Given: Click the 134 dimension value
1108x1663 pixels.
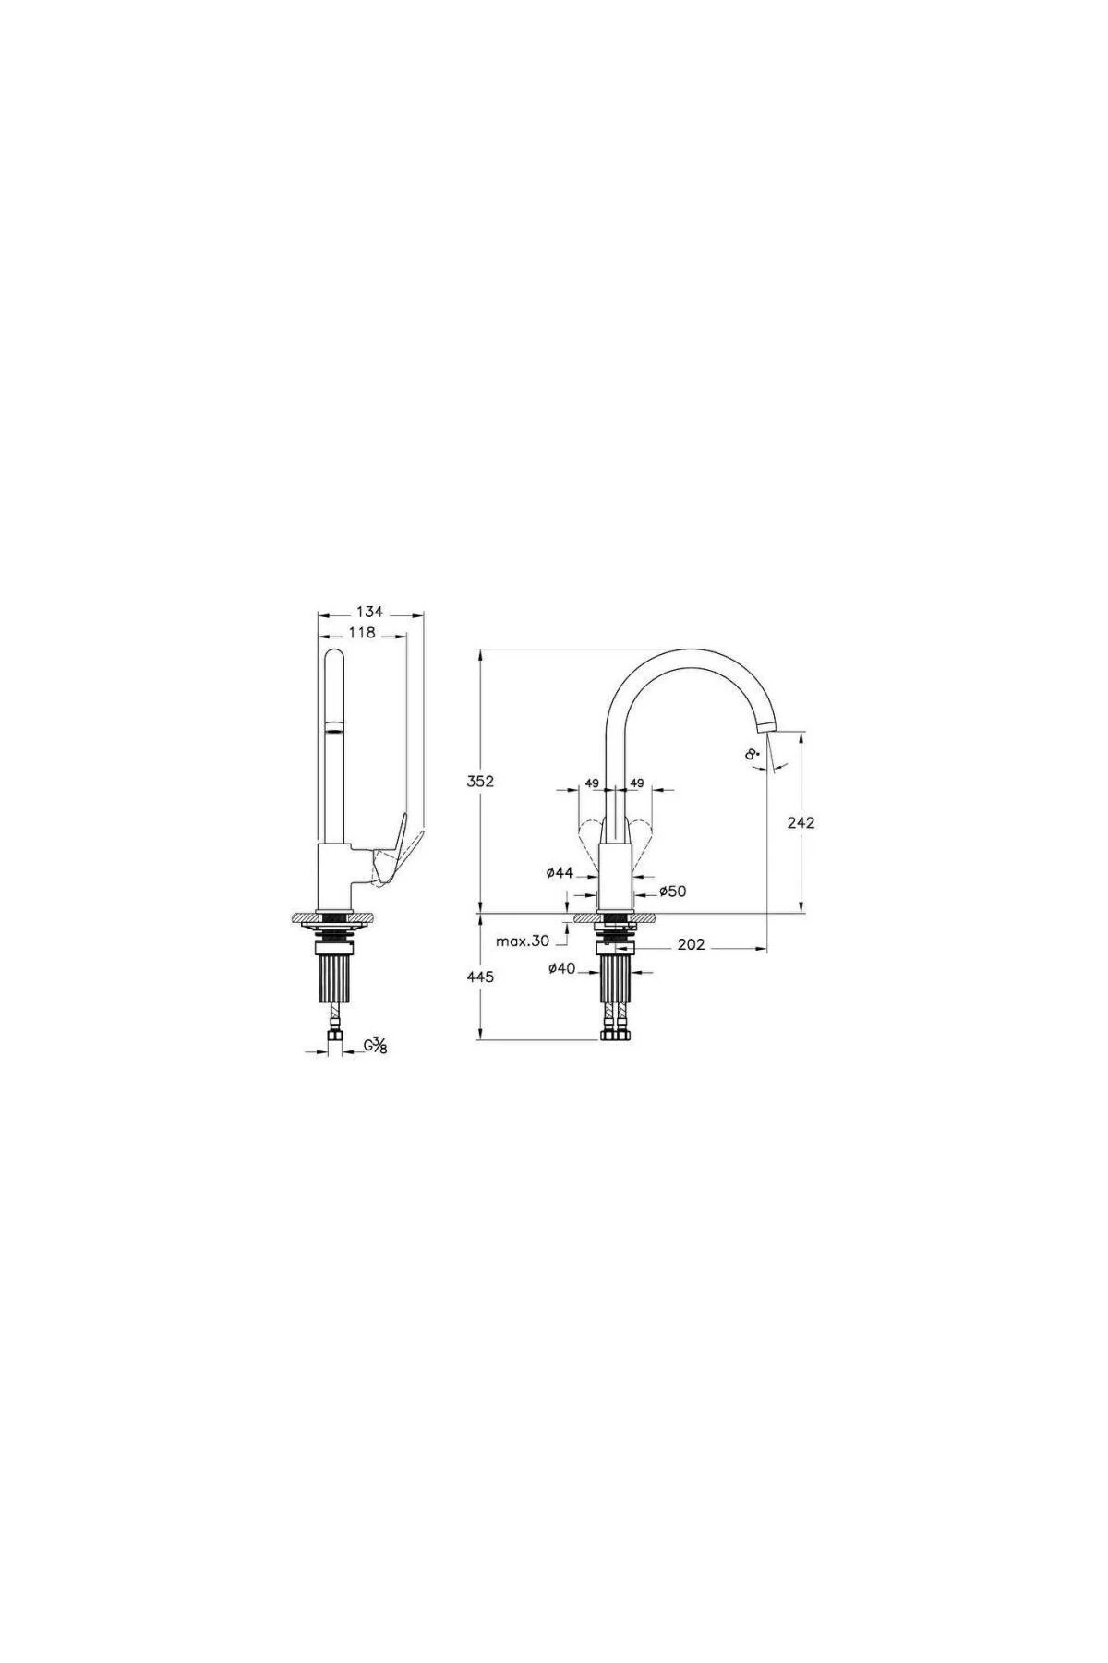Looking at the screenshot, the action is (x=369, y=613).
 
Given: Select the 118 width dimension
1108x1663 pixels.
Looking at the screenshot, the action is (x=363, y=633).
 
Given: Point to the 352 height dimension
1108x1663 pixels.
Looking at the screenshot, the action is (x=481, y=781).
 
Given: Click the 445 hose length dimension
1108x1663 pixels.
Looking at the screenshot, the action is (x=482, y=977).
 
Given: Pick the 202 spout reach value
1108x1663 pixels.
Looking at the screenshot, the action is (x=691, y=944).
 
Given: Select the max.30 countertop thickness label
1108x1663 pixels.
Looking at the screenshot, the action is (x=523, y=941).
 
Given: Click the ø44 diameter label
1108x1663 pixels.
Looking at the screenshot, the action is (x=560, y=872).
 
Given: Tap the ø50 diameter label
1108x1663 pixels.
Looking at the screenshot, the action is (x=672, y=892).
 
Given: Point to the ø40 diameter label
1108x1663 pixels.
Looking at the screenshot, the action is (x=561, y=968).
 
